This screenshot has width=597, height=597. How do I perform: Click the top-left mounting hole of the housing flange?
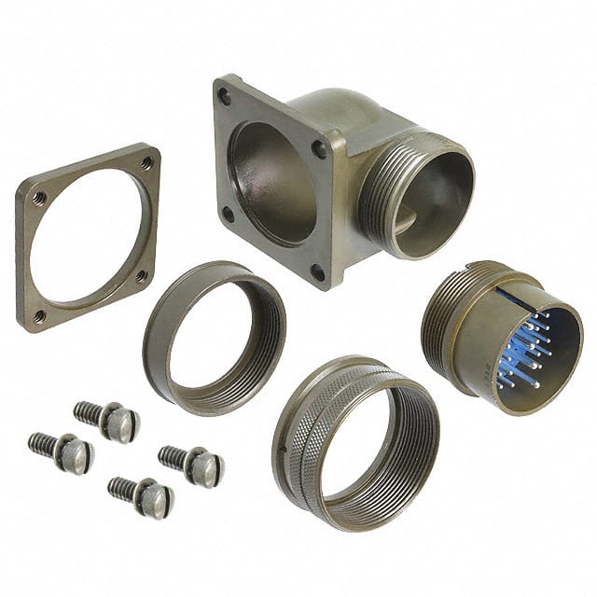225,94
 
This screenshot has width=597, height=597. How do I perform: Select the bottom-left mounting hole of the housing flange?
227,214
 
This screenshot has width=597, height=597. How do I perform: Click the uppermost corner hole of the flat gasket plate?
146,163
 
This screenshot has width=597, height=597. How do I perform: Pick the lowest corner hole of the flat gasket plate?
39,316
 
